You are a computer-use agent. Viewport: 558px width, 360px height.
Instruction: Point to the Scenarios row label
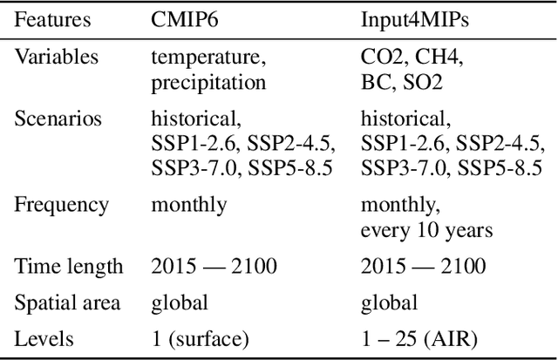point(58,119)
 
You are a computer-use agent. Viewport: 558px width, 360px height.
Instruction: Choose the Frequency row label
point(62,206)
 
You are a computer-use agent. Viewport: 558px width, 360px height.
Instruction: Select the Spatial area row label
point(67,302)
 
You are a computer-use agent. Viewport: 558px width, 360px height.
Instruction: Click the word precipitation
point(208,83)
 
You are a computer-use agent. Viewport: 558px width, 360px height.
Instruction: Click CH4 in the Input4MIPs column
point(441,58)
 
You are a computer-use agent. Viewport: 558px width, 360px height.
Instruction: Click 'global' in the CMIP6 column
point(180,302)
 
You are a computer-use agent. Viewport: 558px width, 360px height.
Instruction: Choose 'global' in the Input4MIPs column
point(389,302)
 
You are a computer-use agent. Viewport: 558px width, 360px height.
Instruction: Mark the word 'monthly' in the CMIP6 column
point(188,206)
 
